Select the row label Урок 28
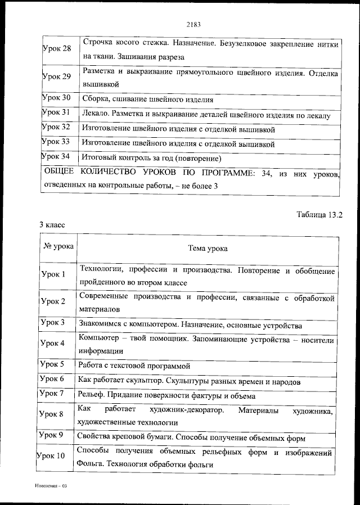[x=57, y=48]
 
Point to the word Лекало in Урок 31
[x=94, y=115]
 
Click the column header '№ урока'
[x=57, y=246]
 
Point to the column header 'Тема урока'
[x=208, y=248]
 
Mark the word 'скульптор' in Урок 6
[x=145, y=381]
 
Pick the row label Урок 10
[x=53, y=455]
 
